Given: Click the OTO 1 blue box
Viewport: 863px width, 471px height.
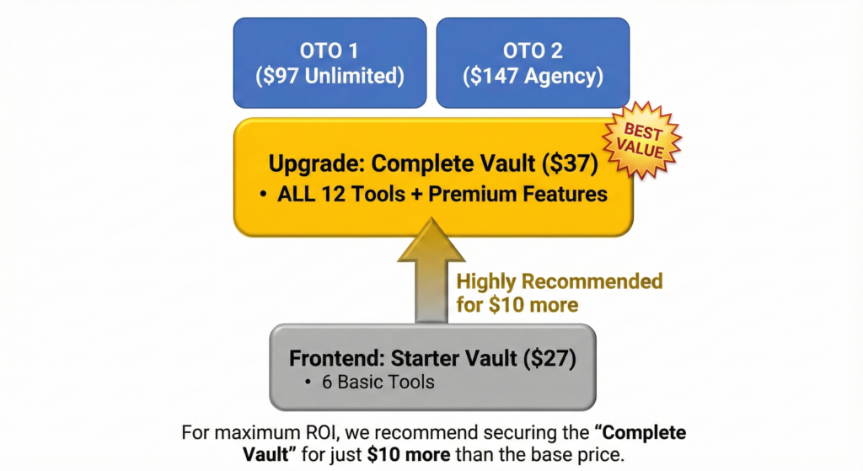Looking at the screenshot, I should [330, 63].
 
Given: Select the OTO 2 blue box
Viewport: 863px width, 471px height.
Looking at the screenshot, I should [533, 63].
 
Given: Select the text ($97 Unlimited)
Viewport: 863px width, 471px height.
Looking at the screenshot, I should [330, 77].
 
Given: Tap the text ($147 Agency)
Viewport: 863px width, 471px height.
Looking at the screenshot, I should [533, 77].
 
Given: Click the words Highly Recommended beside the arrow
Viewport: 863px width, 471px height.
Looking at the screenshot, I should [560, 281].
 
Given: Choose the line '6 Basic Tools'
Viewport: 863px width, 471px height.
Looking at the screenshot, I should [378, 382].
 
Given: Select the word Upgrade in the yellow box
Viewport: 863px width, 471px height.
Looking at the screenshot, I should [315, 163].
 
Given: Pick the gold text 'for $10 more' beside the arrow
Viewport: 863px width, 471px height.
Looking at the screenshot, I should [517, 304].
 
